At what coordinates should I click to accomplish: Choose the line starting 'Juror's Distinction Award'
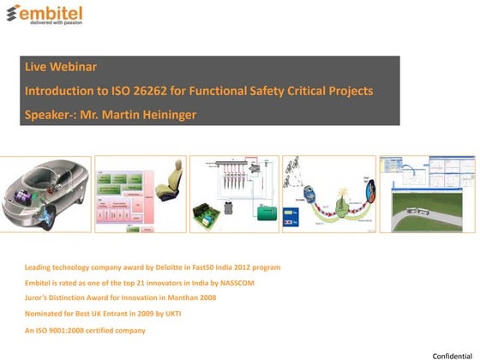pyautogui.click(x=120, y=297)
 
